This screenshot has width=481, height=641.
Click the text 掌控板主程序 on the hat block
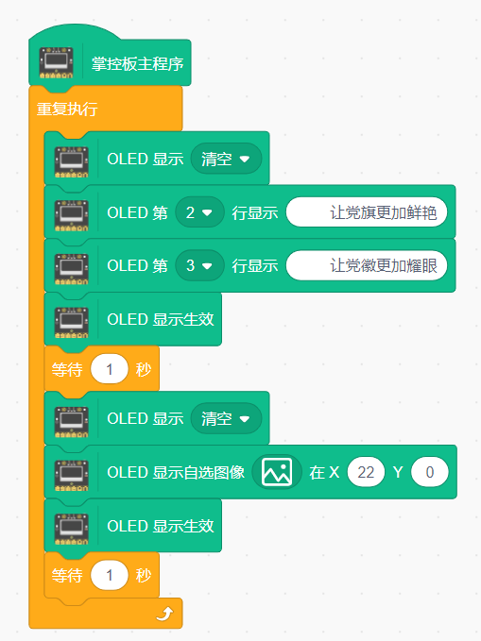(137, 64)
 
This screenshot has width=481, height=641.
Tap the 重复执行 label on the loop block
(67, 110)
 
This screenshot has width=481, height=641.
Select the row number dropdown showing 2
(199, 212)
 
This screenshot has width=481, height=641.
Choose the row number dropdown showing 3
(199, 265)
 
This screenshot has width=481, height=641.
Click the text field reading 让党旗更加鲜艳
(367, 212)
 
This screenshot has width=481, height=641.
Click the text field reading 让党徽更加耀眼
(367, 265)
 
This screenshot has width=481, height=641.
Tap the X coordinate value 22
(366, 473)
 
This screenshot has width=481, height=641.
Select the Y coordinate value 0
(430, 473)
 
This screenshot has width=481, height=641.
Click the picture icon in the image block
(277, 472)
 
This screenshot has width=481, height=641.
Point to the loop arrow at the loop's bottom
(165, 614)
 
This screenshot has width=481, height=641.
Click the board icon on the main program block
(56, 62)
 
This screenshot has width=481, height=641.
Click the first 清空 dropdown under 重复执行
(226, 159)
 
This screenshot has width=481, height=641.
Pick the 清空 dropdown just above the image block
(226, 418)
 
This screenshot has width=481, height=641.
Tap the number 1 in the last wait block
(110, 576)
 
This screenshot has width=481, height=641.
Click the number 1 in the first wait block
(110, 369)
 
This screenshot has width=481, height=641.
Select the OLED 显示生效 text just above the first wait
(161, 319)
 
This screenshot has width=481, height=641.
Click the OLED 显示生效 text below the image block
(161, 526)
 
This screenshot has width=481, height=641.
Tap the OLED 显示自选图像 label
(176, 473)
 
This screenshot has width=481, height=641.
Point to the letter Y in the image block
(398, 473)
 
